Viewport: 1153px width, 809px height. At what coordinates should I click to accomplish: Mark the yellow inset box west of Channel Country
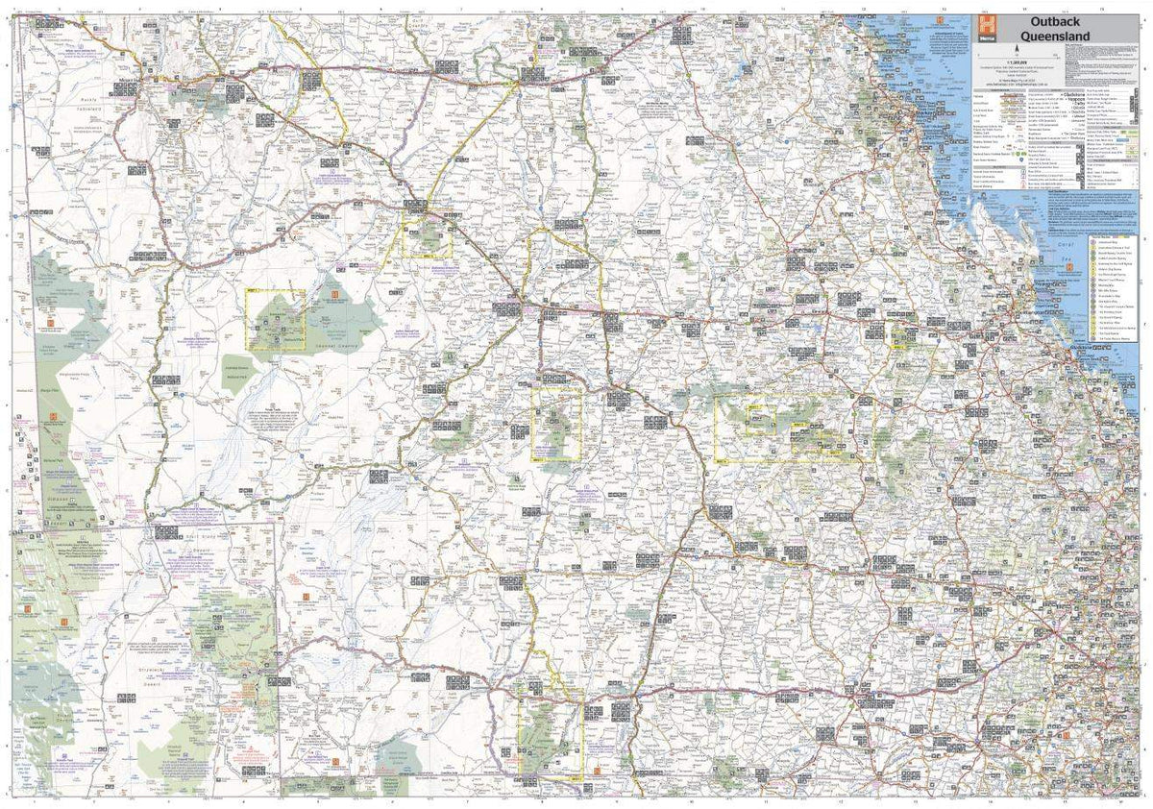[x=276, y=320]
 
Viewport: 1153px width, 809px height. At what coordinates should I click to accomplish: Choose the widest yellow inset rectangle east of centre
[x=787, y=429]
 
